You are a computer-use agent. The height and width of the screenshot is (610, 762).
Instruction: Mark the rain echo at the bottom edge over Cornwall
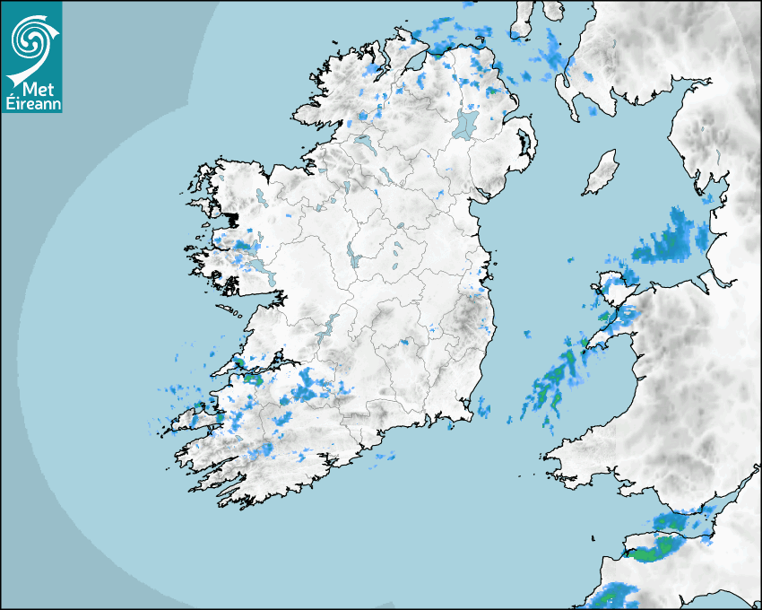(611, 596)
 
